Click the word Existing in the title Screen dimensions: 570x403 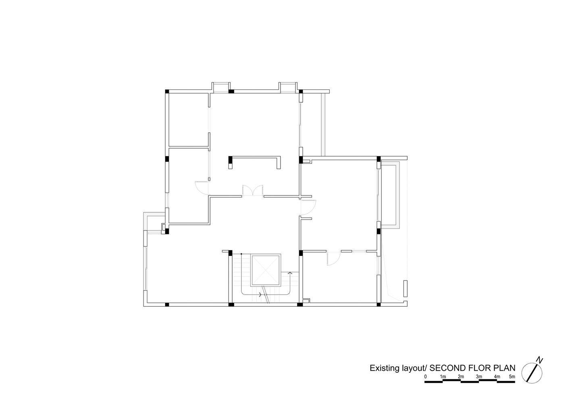[x=384, y=368]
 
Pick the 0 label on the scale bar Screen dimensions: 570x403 [x=425, y=376]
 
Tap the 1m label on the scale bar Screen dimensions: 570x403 [x=443, y=376]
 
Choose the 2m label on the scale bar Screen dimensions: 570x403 [x=461, y=376]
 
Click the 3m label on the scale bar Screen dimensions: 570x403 [x=479, y=376]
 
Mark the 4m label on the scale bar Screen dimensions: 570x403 [x=497, y=376]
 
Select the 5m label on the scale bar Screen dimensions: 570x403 [x=512, y=376]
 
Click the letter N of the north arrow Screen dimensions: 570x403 [x=540, y=360]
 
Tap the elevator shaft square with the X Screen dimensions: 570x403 [x=266, y=270]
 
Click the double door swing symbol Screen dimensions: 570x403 [x=253, y=190]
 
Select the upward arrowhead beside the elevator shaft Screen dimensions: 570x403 [x=289, y=273]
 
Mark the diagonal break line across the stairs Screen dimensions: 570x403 [x=266, y=294]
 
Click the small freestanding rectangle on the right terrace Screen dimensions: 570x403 [x=406, y=288]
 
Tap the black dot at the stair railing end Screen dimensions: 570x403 [x=241, y=253]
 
